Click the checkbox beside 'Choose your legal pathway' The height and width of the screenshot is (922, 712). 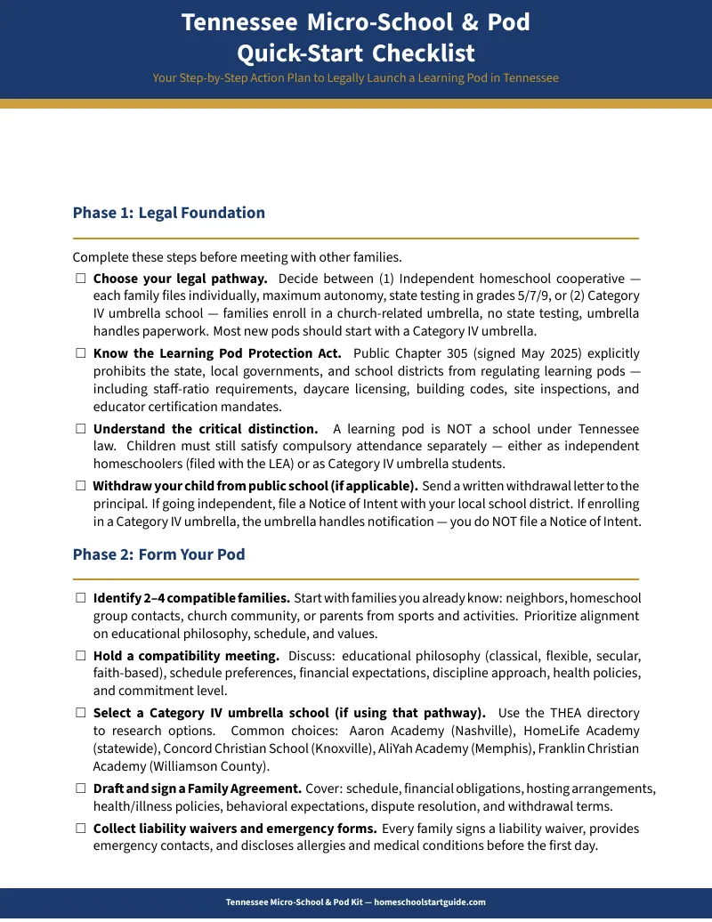[80, 279]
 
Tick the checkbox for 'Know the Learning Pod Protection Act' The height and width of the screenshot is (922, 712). [80, 353]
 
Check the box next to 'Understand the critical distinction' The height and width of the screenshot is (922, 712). [80, 429]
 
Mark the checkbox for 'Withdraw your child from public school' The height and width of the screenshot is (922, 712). [80, 486]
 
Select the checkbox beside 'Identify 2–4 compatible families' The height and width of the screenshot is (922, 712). [80, 598]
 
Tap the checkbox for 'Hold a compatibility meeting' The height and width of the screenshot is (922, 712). [80, 656]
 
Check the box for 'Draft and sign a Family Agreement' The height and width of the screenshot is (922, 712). [80, 789]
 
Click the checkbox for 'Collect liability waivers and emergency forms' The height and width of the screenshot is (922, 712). [80, 829]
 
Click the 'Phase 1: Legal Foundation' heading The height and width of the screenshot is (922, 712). [169, 213]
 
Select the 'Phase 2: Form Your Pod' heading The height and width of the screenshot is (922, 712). [158, 554]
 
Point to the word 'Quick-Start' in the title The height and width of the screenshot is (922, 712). [299, 53]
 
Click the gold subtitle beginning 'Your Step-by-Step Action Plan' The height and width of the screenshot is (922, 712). [355, 78]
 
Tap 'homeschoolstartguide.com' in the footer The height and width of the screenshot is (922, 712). [430, 902]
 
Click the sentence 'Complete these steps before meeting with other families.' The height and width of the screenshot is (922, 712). [237, 257]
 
